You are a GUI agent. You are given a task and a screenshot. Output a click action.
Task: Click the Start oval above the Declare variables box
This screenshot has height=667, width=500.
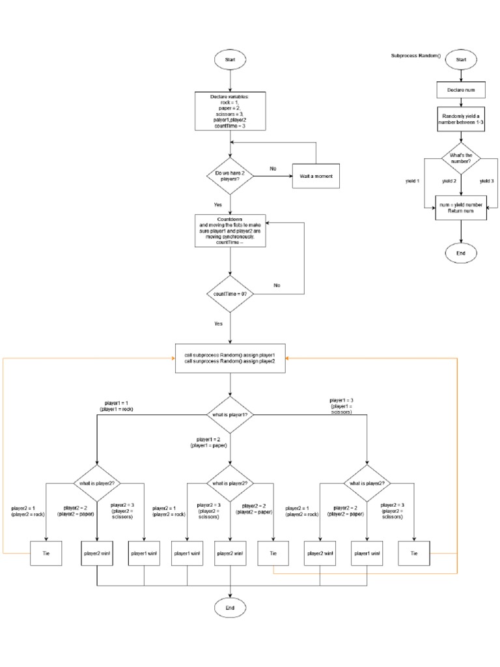pyautogui.click(x=230, y=59)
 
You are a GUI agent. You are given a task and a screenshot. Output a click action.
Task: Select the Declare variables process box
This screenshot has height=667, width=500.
pyautogui.click(x=230, y=111)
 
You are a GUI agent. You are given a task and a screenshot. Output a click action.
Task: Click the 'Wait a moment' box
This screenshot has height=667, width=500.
pyautogui.click(x=316, y=177)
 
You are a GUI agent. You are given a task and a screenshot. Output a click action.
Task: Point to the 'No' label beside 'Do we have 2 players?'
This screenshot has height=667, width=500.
pyautogui.click(x=273, y=169)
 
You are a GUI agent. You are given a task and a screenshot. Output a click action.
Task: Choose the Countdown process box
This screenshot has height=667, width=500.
pyautogui.click(x=230, y=230)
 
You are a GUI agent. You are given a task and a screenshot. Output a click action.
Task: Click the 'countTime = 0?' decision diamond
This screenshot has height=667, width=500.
pyautogui.click(x=230, y=294)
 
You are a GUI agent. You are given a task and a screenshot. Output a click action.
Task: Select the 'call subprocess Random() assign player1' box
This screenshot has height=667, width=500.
pyautogui.click(x=230, y=358)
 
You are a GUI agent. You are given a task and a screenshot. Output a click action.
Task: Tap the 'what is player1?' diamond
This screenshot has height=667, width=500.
pyautogui.click(x=230, y=414)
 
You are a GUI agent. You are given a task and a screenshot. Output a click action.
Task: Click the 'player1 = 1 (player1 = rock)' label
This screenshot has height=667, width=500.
pyautogui.click(x=118, y=406)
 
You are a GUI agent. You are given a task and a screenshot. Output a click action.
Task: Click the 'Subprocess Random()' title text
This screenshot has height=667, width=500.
pyautogui.click(x=415, y=55)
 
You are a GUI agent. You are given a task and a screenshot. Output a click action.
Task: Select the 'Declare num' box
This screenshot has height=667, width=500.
pyautogui.click(x=461, y=89)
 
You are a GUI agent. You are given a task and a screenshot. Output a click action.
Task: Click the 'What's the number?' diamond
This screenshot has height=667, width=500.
pyautogui.click(x=461, y=158)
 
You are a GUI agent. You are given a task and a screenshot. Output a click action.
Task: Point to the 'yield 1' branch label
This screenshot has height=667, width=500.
pyautogui.click(x=413, y=180)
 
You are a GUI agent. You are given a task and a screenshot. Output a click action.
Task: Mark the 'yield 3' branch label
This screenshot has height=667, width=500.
pyautogui.click(x=488, y=180)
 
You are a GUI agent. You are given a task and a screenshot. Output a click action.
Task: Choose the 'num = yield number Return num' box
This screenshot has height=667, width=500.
pyautogui.click(x=461, y=208)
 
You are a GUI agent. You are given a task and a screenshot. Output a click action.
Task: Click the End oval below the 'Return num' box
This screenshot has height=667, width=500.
pyautogui.click(x=461, y=252)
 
